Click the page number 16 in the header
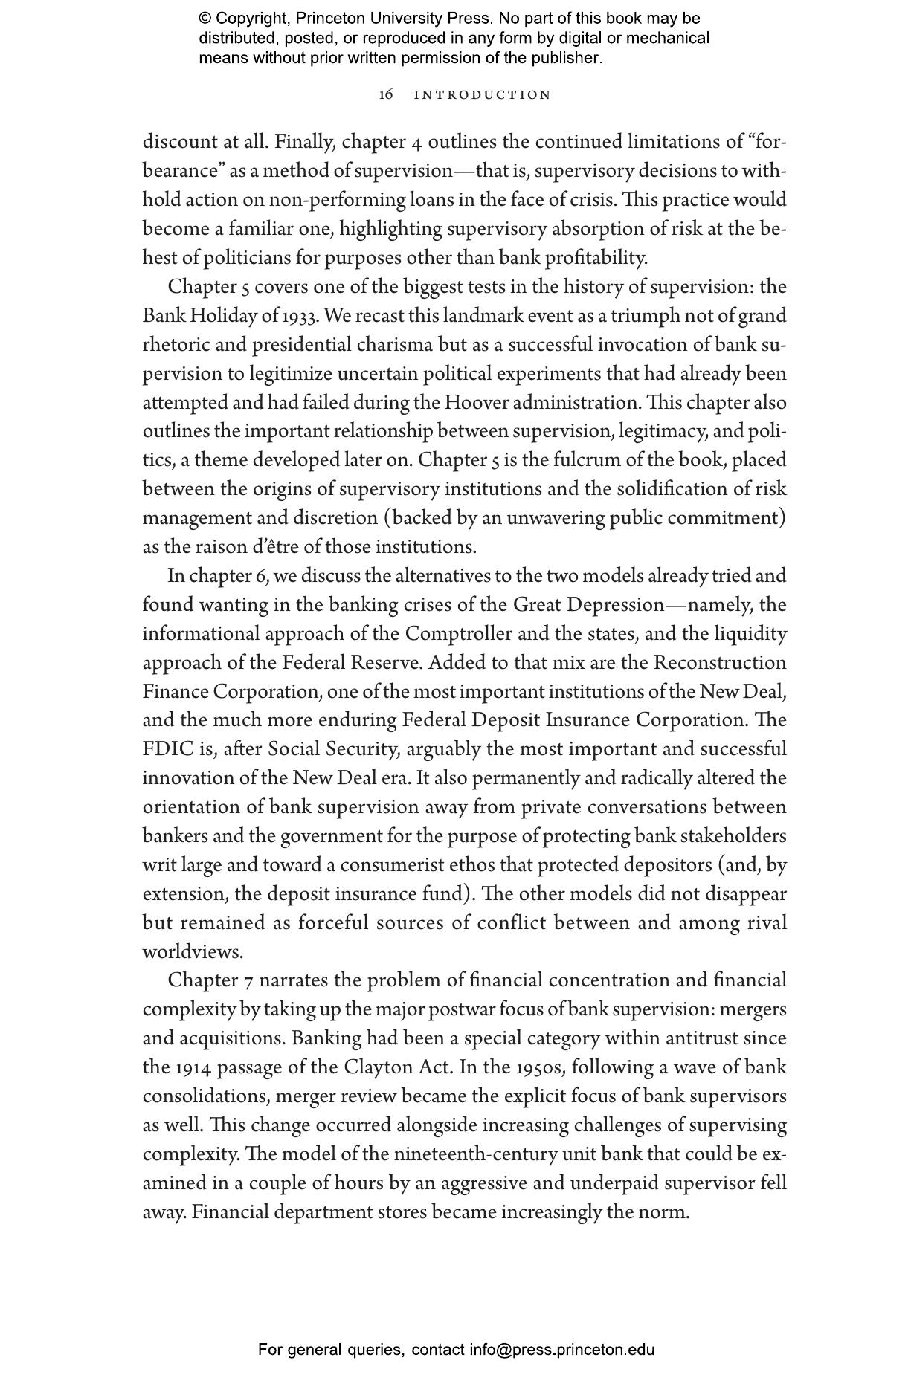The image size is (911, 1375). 386,94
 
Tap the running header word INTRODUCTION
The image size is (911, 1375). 483,95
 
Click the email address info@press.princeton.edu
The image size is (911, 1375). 561,1350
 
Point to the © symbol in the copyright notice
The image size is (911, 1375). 205,19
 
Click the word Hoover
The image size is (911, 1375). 477,403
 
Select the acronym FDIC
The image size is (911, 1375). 168,749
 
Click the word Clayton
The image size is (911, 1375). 378,1067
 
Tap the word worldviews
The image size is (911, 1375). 192,952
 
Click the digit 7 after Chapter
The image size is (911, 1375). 248,981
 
